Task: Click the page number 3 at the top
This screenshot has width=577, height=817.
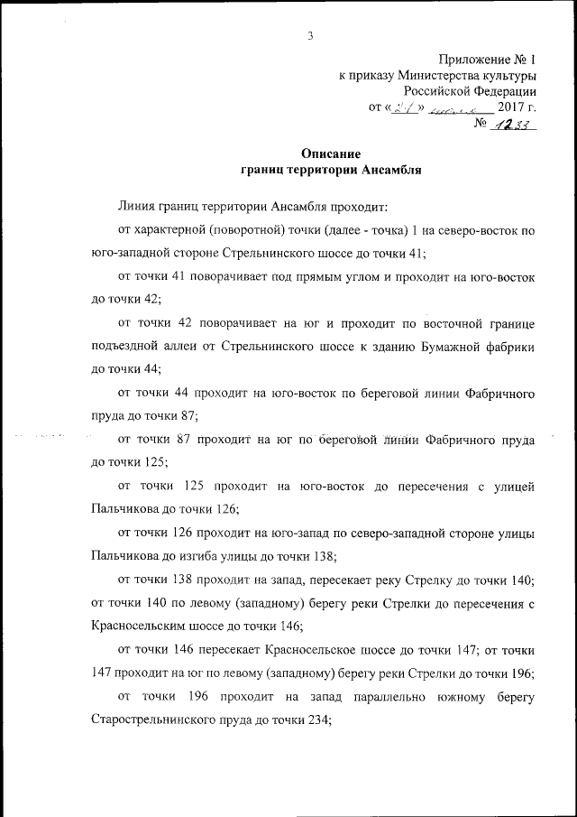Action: click(310, 36)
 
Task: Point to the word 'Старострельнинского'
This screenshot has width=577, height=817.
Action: click(159, 720)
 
